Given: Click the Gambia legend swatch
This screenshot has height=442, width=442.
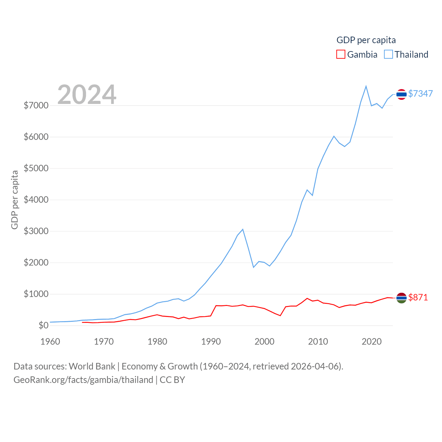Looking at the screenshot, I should [341, 55].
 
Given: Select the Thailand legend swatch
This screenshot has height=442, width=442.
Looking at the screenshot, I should [388, 55].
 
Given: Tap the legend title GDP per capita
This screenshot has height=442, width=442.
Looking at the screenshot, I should [366, 40].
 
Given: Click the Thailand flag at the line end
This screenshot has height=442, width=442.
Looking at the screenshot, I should [401, 94].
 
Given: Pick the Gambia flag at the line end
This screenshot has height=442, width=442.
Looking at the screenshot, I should [401, 298].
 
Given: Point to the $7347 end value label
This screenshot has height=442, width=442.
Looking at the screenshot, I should [420, 94].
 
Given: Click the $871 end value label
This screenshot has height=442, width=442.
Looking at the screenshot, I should [418, 297].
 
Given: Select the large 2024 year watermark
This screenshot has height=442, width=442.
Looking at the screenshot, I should [87, 95].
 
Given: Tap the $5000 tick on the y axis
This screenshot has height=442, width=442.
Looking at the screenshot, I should [36, 169].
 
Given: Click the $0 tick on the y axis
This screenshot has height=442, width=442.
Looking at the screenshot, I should [44, 325].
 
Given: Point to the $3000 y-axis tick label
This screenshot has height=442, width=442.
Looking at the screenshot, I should [36, 231].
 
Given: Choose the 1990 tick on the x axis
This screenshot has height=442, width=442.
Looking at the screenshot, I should [211, 342].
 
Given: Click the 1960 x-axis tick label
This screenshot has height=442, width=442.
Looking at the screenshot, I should [50, 342].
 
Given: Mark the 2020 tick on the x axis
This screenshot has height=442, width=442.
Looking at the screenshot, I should [372, 342].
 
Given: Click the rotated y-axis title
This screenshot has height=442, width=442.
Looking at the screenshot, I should [15, 200].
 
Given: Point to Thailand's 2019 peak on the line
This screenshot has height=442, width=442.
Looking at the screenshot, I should [366, 86].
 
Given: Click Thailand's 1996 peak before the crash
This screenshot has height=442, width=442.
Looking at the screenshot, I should [243, 229].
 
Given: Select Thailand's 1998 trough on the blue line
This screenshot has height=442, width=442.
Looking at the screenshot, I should [253, 267].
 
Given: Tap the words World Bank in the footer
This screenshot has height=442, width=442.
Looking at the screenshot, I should [92, 366].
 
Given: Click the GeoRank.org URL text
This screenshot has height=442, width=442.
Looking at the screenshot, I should [83, 380].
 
